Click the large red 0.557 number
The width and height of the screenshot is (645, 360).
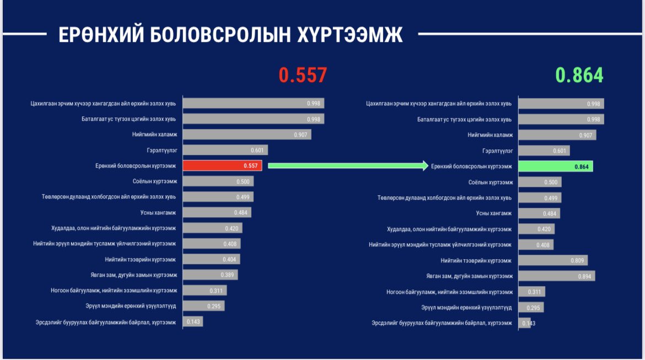[303, 75]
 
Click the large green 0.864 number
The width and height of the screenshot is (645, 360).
[579, 75]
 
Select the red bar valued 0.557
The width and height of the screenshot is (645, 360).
[222, 165]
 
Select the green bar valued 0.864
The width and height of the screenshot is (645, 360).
[556, 166]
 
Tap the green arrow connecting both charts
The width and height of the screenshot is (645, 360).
[347, 165]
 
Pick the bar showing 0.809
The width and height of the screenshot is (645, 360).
[553, 260]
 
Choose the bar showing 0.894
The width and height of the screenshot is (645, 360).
[557, 276]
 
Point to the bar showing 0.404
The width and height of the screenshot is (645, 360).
[211, 259]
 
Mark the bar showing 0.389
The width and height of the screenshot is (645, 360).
[210, 275]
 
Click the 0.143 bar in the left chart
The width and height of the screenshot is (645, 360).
[192, 321]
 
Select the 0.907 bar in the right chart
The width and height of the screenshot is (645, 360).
[557, 135]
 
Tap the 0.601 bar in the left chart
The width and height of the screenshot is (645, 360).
[225, 150]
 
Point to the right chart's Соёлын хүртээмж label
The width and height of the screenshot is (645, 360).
[490, 182]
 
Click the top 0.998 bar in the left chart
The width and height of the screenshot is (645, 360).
[253, 103]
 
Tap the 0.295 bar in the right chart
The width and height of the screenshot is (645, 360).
[531, 308]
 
